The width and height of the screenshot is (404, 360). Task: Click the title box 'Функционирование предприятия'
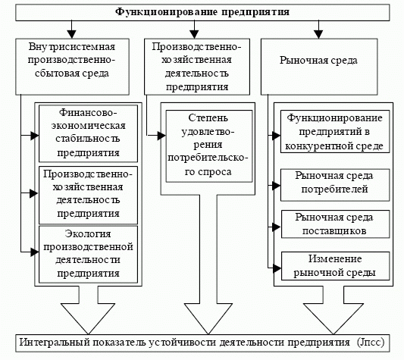click(202, 12)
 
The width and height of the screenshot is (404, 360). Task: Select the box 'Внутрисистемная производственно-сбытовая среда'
click(72, 67)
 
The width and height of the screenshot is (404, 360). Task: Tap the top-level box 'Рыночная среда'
click(319, 67)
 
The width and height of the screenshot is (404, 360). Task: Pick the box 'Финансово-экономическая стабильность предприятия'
click(88, 133)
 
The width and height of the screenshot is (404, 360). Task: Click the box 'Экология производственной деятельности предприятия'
click(88, 255)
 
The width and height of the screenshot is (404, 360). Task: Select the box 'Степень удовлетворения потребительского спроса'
click(209, 146)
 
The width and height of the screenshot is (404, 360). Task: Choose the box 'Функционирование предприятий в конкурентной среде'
click(335, 131)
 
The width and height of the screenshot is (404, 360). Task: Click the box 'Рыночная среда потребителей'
click(335, 185)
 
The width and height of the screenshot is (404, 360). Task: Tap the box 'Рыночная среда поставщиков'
click(335, 224)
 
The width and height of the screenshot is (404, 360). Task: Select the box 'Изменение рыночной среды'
click(335, 266)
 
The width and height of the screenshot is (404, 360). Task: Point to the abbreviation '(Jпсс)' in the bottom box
click(371, 343)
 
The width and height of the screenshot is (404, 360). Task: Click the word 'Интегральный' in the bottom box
click(55, 343)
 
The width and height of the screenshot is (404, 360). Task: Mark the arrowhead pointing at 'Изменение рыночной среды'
click(277, 268)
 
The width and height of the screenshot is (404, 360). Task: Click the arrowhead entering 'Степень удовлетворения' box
click(161, 136)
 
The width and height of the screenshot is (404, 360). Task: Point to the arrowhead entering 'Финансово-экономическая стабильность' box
click(35, 136)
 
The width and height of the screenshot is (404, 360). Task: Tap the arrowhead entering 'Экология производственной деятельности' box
click(35, 252)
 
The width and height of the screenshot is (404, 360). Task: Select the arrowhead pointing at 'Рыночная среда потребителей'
click(276, 185)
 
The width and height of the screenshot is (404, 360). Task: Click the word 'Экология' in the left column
click(88, 233)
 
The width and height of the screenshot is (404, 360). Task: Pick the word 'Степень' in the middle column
click(208, 118)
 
